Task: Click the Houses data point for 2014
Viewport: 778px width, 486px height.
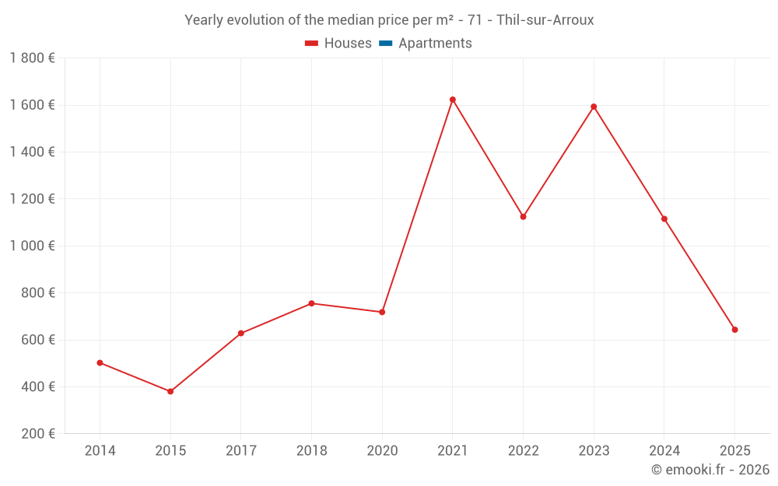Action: coord(100,362)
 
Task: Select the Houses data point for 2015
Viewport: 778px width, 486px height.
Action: coord(170,391)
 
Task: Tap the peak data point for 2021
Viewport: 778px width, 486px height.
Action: coord(453,100)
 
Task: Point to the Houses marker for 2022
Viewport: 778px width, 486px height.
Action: coord(523,217)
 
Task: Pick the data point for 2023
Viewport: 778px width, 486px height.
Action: coord(594,107)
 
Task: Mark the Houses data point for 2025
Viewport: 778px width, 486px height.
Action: coord(734,330)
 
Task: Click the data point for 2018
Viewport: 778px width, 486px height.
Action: coord(311,303)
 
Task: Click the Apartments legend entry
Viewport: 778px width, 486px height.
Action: coord(435,44)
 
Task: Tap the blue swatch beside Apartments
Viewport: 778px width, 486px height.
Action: coord(385,44)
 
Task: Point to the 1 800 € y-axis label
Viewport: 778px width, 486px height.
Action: coord(32,58)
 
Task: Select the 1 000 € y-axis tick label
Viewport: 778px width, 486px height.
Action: coord(32,246)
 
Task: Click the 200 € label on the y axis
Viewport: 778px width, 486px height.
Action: coord(37,434)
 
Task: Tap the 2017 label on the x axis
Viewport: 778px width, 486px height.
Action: coord(240,450)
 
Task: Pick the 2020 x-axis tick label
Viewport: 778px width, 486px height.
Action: coord(382,450)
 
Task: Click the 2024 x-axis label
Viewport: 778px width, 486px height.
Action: coord(664,450)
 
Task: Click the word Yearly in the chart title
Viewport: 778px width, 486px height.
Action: coord(204,20)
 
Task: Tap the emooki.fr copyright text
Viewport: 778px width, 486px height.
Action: coord(710,470)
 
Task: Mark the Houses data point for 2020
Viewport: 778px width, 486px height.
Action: coord(382,312)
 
